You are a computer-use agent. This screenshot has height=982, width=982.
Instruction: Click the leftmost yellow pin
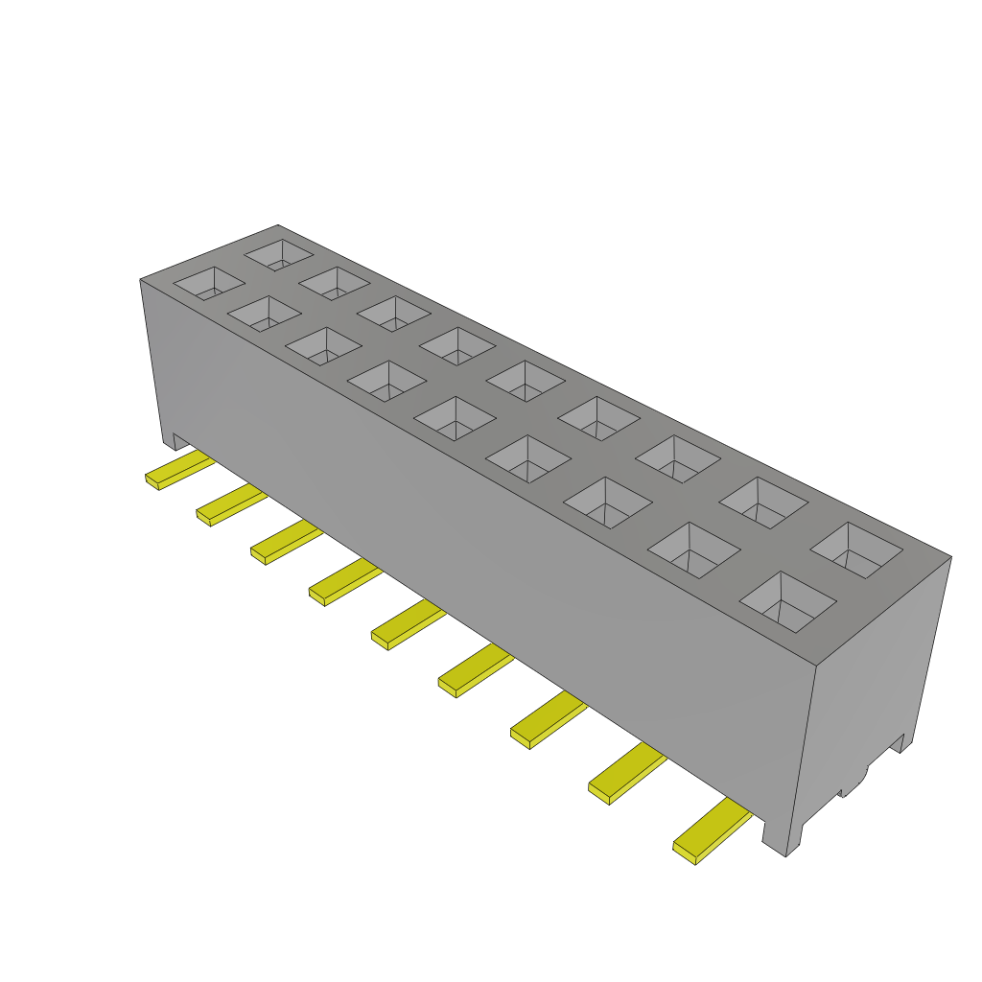tap(178, 470)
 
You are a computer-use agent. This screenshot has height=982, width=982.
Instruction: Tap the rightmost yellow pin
tap(712, 832)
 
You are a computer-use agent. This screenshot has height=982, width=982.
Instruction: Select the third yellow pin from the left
tap(286, 543)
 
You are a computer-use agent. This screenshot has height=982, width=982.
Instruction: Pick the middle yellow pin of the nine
tap(408, 625)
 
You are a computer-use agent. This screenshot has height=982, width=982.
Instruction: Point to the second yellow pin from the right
tap(626, 775)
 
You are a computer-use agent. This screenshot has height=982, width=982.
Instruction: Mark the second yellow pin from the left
tap(230, 505)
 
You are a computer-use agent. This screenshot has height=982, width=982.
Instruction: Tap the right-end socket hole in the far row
tap(856, 549)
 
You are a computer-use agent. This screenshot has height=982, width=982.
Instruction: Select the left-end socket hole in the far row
tap(279, 254)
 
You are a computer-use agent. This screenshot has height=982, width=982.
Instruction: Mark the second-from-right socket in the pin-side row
tap(695, 549)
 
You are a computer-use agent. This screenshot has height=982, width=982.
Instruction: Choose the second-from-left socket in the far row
tap(335, 282)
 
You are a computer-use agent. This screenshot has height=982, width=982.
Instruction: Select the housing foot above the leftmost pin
tap(174, 440)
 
